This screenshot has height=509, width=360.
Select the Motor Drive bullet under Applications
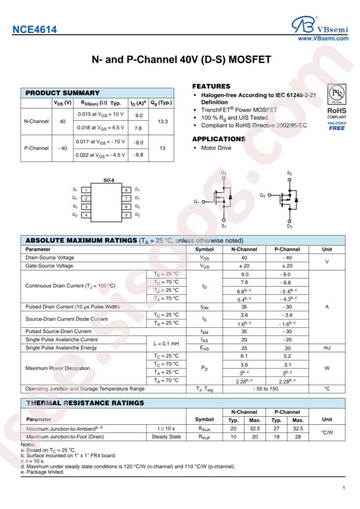pyautogui.click(x=214, y=149)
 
